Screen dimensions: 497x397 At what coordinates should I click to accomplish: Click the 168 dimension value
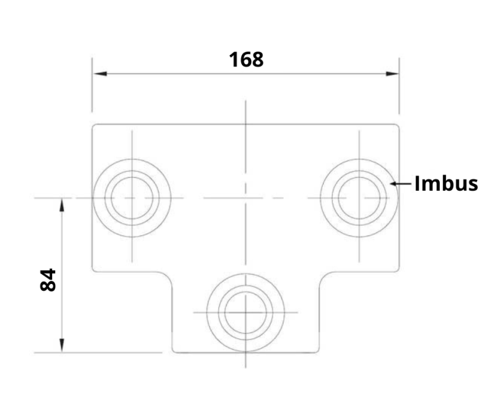[246, 59]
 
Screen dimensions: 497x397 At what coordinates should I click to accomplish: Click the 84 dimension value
[48, 280]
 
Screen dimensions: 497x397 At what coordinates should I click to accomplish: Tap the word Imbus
[446, 183]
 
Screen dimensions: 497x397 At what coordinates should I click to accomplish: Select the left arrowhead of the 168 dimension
[100, 74]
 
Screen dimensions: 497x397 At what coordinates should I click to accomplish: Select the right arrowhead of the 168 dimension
[392, 74]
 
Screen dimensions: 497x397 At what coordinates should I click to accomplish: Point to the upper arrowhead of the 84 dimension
[62, 204]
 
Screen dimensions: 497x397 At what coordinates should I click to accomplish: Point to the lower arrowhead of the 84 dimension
[62, 345]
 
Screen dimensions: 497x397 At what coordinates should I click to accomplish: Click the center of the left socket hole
[132, 198]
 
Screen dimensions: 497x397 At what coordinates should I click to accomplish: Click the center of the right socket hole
[359, 198]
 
